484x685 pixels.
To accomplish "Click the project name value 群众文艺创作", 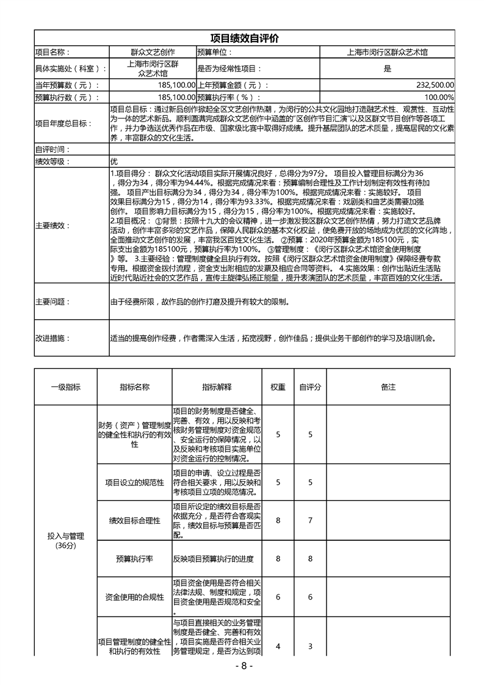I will (153, 53).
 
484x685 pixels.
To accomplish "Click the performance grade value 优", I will (114, 162).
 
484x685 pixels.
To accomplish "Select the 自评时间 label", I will (53, 150).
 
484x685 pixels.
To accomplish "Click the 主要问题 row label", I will (53, 302).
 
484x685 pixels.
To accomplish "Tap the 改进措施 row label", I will (53, 338).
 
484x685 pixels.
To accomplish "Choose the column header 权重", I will (278, 387).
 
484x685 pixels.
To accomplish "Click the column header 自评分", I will (310, 387).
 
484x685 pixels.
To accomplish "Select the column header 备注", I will (388, 387).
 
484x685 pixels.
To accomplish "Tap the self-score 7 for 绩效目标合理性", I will (310, 520).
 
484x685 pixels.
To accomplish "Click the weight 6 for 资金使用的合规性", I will (278, 597).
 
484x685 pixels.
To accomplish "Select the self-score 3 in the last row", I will (310, 646).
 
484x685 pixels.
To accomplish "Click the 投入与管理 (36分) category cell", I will (65, 540).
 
